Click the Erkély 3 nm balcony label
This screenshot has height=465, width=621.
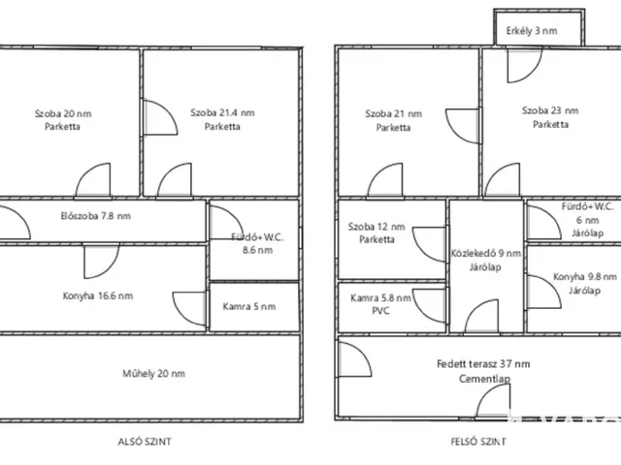532,31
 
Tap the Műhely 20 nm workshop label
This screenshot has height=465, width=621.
153,374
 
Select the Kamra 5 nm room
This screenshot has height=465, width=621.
249,306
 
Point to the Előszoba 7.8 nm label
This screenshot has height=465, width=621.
95,216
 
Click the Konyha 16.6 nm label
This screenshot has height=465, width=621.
98,295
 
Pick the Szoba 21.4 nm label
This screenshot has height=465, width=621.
222,112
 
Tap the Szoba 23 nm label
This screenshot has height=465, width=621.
550,110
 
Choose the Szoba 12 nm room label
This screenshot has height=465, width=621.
376,227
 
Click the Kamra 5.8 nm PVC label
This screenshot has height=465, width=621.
380,304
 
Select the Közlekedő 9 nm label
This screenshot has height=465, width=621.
485,254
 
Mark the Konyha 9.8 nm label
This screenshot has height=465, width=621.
585,277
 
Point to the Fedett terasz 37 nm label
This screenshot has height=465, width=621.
483,364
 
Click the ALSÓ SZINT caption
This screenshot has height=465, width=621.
145,442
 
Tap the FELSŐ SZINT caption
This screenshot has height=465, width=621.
478,442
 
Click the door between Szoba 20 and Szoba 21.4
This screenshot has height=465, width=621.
159,117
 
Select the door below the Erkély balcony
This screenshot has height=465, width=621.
524,65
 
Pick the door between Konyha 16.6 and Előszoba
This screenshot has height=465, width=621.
101,261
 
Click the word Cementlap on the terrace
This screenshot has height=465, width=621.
485,379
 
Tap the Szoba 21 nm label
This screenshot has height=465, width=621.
393,114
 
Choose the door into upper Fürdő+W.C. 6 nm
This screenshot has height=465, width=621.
543,223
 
